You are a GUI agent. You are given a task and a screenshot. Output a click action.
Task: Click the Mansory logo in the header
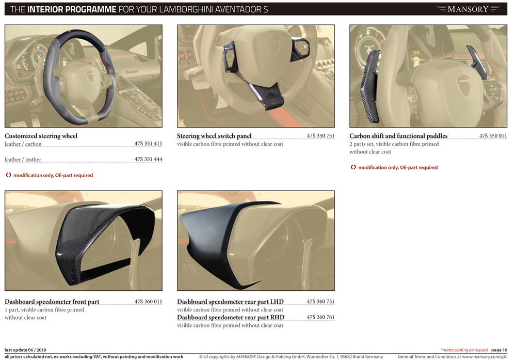(467, 9)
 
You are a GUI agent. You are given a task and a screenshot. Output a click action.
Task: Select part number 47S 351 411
(148, 144)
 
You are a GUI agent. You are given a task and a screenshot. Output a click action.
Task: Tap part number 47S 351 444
(148, 159)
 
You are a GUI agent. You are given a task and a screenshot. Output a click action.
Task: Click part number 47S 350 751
(320, 136)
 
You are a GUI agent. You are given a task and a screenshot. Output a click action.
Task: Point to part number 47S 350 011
(493, 136)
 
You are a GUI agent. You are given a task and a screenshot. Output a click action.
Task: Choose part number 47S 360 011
(148, 301)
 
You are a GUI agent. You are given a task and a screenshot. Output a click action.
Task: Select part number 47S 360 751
(320, 301)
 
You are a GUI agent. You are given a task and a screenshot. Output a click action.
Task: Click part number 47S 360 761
(320, 317)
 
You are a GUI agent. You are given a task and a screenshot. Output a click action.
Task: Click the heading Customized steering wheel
(41, 136)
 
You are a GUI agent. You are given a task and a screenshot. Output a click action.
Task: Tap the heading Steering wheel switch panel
(214, 136)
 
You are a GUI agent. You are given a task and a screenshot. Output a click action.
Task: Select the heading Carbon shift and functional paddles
(398, 136)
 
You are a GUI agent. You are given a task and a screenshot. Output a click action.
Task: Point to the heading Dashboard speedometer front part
(52, 301)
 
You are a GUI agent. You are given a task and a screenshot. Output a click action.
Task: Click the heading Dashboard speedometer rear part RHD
(231, 317)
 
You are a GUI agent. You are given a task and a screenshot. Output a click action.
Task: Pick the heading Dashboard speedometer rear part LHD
(230, 301)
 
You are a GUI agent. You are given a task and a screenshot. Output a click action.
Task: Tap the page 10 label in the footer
(499, 350)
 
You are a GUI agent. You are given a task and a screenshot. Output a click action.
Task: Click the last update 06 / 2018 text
(25, 350)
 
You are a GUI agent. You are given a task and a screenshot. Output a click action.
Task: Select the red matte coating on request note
(464, 350)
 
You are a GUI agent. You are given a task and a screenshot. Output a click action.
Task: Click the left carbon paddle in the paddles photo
(370, 86)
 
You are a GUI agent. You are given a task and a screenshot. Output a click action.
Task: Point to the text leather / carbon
(23, 144)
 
